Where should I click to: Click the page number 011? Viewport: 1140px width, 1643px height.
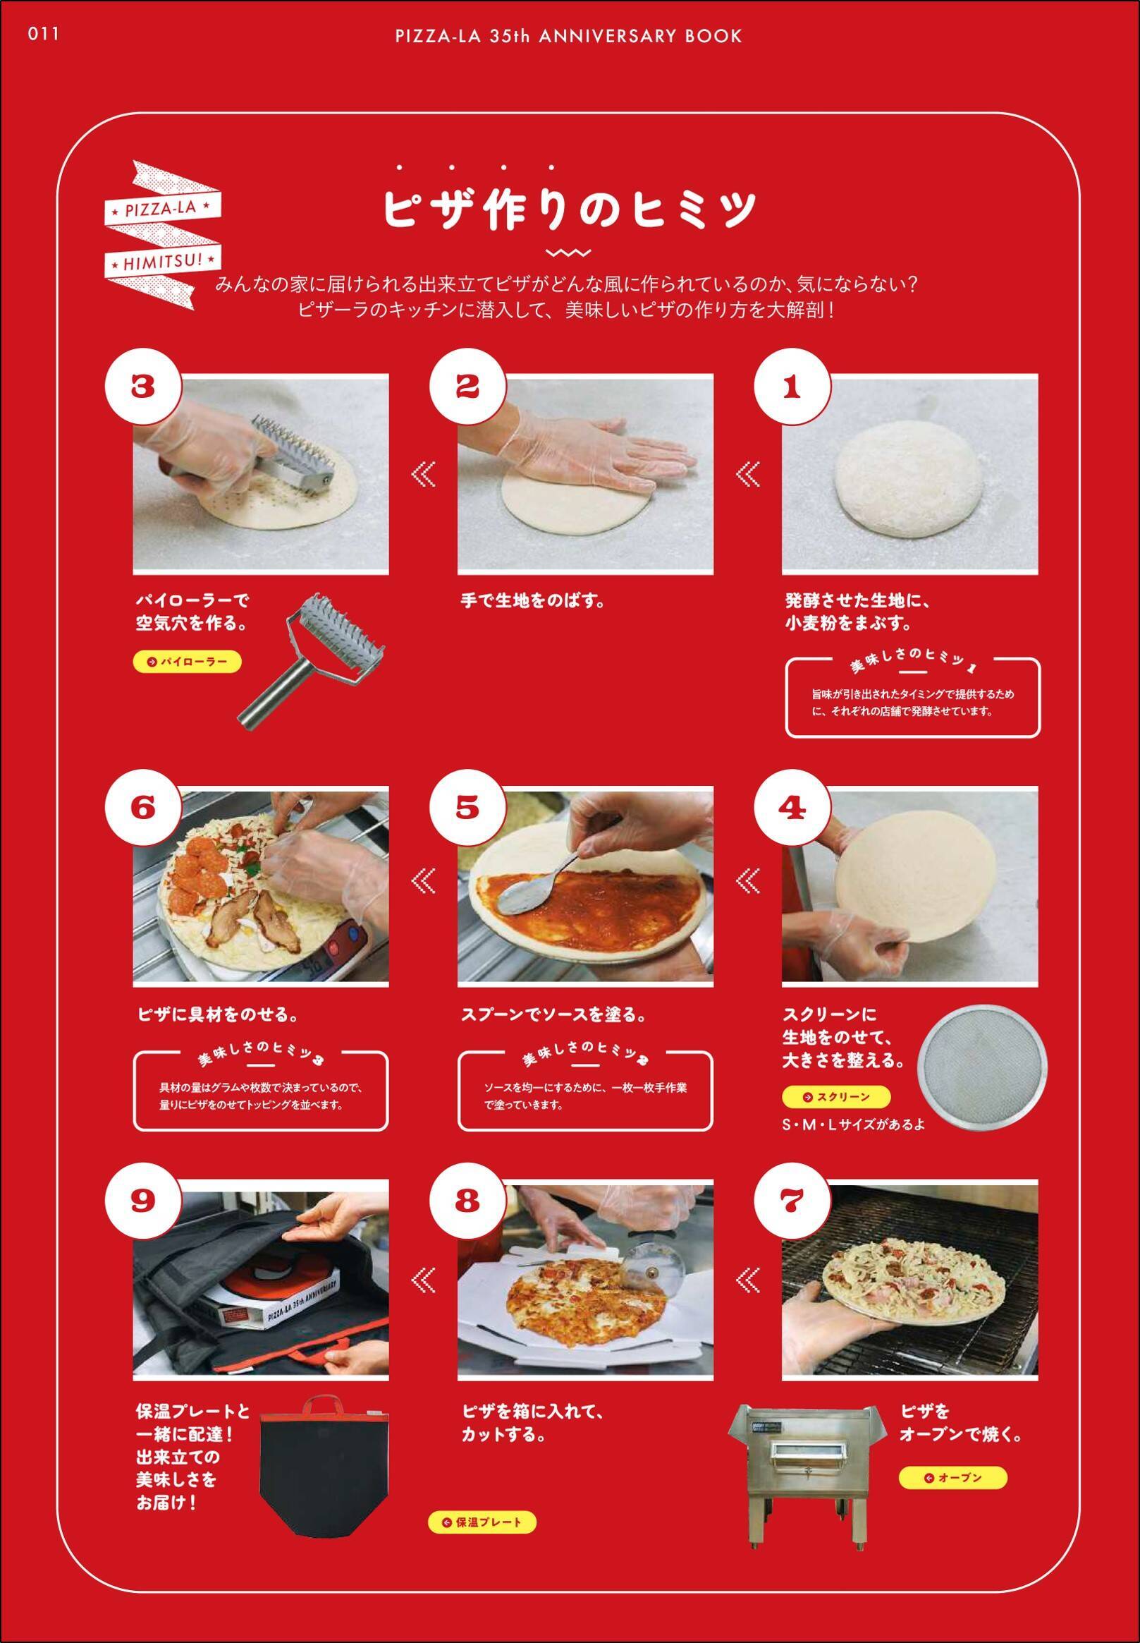click(x=44, y=34)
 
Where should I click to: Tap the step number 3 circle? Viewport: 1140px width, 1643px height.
click(x=143, y=387)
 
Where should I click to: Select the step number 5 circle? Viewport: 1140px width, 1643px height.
click(x=467, y=808)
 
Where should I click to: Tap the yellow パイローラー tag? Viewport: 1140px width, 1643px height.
click(x=187, y=662)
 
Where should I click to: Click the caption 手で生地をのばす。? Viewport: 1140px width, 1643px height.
click(x=533, y=600)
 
